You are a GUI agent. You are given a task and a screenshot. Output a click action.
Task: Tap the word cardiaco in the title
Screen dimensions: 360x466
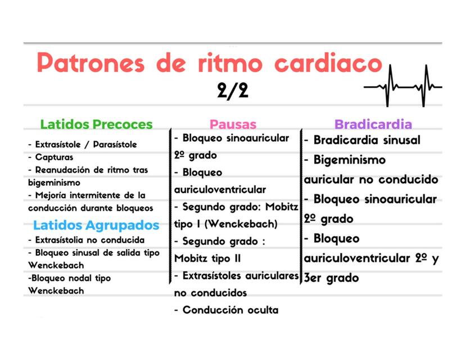click(328, 63)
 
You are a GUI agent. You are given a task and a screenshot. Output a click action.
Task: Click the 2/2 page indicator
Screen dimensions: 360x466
click(232, 91)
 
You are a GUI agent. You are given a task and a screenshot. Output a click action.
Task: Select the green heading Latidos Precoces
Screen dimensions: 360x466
click(96, 124)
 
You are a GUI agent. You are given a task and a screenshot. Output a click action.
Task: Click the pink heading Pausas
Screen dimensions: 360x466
click(233, 124)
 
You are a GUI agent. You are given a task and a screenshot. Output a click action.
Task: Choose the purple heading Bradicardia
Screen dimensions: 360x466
click(373, 124)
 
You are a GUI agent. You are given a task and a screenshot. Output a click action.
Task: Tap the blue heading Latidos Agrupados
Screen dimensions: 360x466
click(96, 226)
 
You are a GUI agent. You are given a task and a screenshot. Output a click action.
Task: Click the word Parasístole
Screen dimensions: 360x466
click(114, 145)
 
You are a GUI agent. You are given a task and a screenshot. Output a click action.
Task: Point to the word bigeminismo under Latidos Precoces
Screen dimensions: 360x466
click(54, 182)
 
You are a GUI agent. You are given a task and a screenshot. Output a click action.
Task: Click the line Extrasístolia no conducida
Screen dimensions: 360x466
click(89, 240)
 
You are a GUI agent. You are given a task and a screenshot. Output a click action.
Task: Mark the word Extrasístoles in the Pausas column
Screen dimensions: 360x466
click(219, 276)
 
